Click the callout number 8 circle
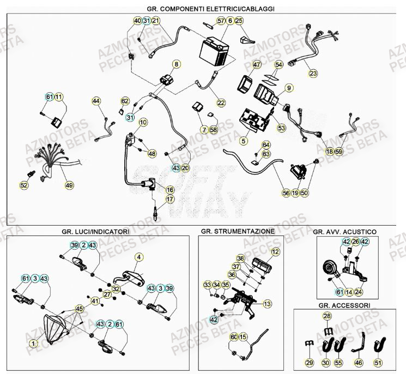(176, 64)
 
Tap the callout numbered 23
(313, 73)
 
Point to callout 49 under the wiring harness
(69, 185)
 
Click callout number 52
(24, 185)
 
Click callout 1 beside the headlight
(33, 343)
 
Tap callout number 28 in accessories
(327, 316)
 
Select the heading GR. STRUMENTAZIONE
(238, 231)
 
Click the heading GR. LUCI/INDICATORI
(95, 231)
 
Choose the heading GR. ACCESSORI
(343, 305)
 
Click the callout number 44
(96, 101)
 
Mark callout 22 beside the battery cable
(221, 102)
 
